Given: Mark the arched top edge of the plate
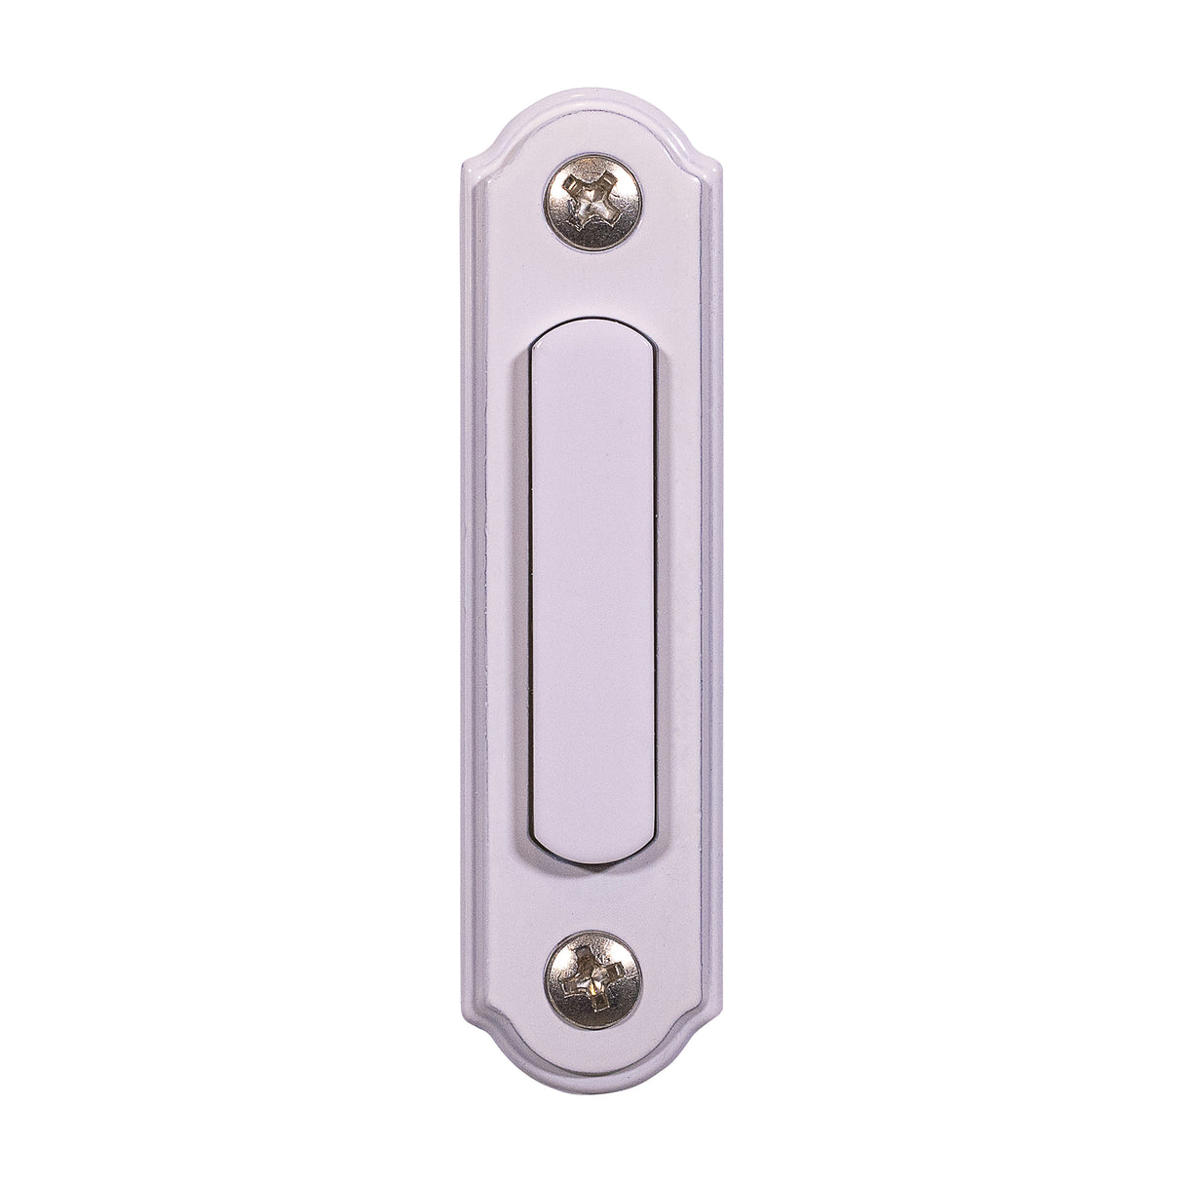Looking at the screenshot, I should coord(591,95).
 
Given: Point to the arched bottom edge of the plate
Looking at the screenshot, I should coord(591,1092).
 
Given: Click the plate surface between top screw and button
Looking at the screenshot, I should coord(591,288).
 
